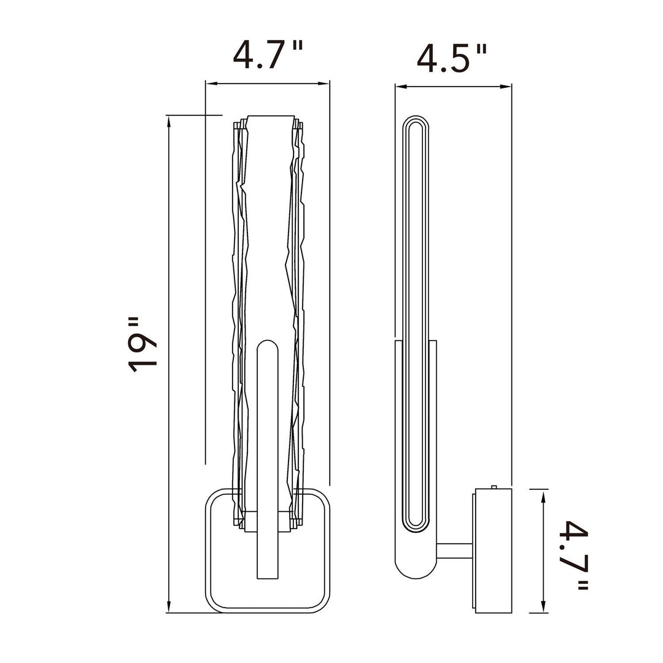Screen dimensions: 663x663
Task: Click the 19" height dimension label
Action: tap(143, 344)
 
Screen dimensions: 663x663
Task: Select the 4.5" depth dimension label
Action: tap(452, 58)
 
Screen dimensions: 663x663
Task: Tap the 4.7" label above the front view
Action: tap(268, 55)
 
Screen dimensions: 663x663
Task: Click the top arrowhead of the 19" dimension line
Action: tap(169, 122)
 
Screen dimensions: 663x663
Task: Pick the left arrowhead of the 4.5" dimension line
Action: tap(401, 87)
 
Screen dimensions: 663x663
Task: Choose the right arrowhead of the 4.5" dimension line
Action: tap(506, 87)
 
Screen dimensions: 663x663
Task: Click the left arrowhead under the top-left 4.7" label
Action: tap(211, 83)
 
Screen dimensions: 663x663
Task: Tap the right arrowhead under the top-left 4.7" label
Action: tap(324, 83)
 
